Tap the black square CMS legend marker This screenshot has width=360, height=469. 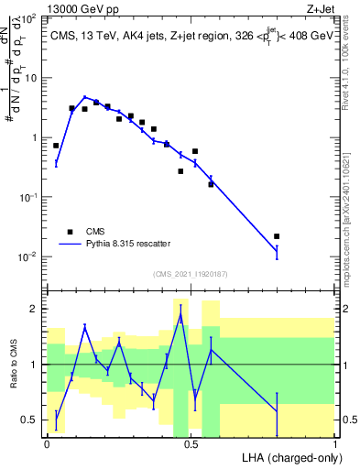pos(69,232)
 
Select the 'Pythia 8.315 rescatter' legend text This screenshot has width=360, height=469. pos(127,244)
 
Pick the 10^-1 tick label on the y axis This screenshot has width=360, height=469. pos(28,197)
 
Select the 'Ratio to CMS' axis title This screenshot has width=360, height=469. pos(12,366)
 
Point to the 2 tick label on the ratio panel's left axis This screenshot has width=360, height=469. pos(35,309)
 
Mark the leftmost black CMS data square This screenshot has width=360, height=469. pos(56,146)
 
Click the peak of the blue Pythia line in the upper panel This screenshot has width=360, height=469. pos(85,97)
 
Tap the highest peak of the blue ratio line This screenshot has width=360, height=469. pos(180,316)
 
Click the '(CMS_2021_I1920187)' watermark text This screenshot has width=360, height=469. pos(190,273)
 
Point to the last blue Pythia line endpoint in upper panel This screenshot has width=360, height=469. pos(277,250)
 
